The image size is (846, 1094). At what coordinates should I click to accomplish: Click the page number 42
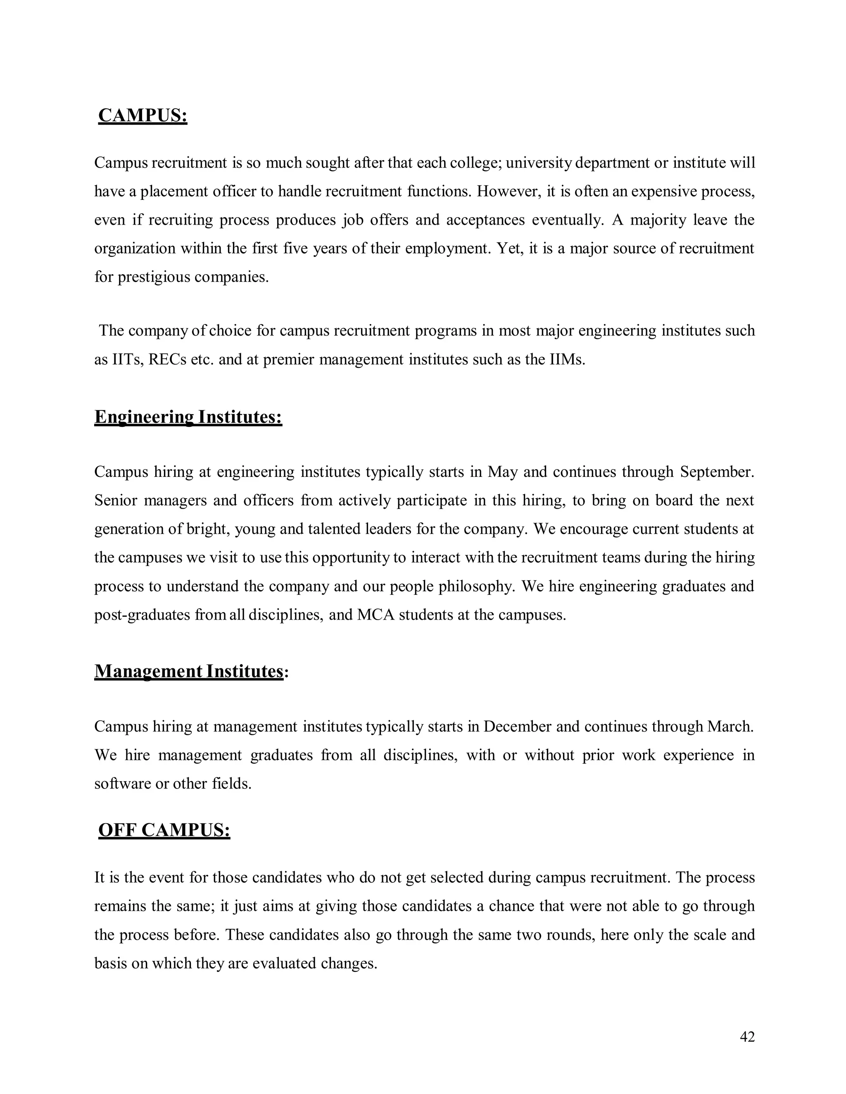point(747,1037)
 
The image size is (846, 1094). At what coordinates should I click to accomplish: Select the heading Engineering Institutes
point(188,417)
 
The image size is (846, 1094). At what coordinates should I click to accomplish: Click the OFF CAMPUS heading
point(164,830)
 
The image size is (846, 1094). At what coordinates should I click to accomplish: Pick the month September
point(717,472)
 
